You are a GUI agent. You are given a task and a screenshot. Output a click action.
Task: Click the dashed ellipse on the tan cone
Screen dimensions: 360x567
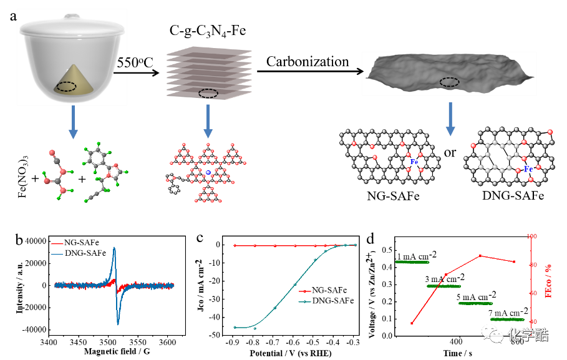[67, 87]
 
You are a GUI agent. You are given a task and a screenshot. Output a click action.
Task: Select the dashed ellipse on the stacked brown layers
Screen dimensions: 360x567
[208, 94]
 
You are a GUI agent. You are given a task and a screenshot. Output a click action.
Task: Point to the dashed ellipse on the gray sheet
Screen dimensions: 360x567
[449, 82]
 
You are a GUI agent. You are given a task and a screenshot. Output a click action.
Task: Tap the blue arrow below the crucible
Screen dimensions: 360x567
[73, 122]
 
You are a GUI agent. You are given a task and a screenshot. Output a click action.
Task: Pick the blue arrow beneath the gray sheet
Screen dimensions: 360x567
[450, 119]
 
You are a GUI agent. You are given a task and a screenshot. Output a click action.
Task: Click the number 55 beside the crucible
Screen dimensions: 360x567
[122, 63]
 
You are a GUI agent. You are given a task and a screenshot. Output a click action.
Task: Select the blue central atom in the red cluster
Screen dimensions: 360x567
[208, 172]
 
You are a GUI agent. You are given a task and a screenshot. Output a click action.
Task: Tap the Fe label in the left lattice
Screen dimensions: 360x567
[414, 162]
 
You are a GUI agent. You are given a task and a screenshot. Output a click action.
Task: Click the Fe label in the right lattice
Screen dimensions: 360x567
[528, 168]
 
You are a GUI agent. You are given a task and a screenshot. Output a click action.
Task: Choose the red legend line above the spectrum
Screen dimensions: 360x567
[57, 244]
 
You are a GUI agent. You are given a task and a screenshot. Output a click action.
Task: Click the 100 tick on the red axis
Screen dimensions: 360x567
[531, 236]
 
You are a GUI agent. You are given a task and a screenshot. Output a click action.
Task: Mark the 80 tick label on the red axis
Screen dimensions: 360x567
[533, 265]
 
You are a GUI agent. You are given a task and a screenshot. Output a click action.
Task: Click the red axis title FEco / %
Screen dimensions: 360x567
[550, 280]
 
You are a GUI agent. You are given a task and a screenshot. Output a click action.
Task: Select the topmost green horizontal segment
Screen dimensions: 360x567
[412, 262]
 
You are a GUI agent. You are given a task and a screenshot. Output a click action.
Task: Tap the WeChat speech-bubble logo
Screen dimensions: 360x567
[492, 334]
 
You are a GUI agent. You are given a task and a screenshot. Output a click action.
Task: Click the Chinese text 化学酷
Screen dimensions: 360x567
[528, 335]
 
